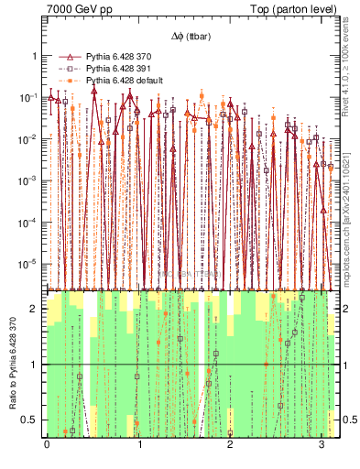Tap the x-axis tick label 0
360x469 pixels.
tap(47, 443)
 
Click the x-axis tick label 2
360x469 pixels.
tap(230, 443)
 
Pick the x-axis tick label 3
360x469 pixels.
tap(322, 443)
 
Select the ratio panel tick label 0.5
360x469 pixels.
tap(32, 420)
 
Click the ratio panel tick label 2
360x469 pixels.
tap(36, 309)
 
